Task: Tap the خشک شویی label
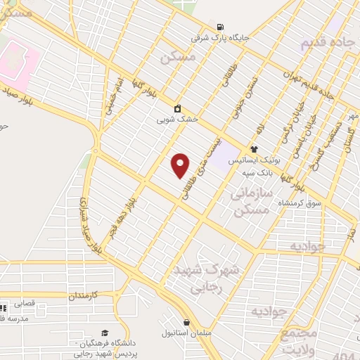[x=179, y=120]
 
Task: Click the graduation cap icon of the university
[x=105, y=332]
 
